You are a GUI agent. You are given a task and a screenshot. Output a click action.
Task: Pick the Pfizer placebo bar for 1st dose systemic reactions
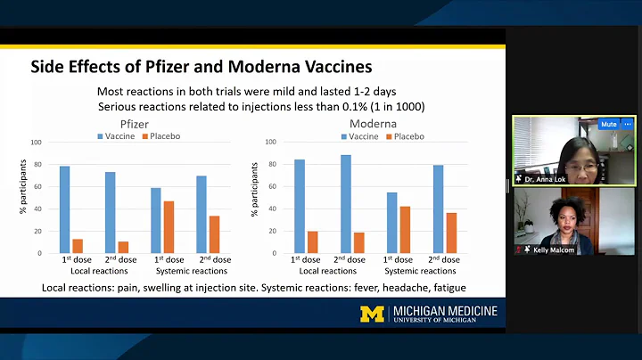click(169, 227)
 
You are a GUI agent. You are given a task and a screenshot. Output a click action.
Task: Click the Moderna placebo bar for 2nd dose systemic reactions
click(450, 233)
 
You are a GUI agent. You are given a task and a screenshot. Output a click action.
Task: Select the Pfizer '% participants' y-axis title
click(23, 197)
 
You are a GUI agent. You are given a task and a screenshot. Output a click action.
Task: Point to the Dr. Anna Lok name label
click(545, 179)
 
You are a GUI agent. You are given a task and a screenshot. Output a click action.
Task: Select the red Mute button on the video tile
click(609, 124)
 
